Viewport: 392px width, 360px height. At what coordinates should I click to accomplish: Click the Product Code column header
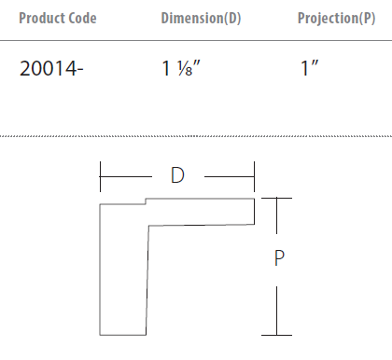coord(58,18)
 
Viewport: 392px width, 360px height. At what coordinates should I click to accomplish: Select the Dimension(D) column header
coord(201,18)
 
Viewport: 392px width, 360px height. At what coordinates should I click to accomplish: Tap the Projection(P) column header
coord(336,18)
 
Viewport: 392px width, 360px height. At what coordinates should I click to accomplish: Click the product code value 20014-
coord(51,68)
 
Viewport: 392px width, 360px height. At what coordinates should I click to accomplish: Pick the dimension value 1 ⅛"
coord(181,68)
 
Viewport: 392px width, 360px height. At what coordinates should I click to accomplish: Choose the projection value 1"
coord(309,68)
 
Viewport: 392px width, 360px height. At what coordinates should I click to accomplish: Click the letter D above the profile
coord(177,175)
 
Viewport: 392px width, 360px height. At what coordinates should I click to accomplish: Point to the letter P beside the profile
coord(279,257)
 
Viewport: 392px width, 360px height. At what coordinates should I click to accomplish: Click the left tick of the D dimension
coord(100,176)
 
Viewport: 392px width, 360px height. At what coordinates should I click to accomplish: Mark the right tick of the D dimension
coord(254,176)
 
